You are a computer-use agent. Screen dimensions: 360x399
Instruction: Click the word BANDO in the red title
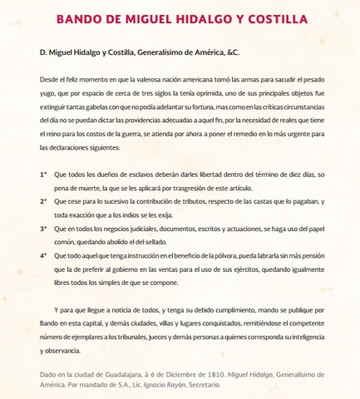tap(81, 19)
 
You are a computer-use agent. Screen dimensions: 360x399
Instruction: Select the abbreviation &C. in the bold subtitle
tap(230, 52)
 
